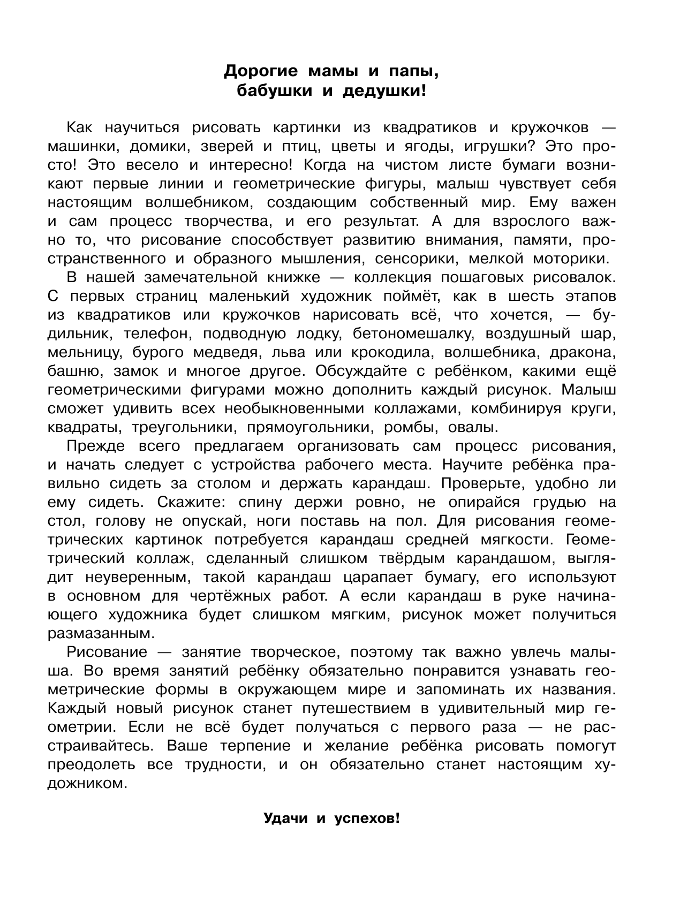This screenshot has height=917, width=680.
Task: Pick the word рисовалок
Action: click(x=572, y=277)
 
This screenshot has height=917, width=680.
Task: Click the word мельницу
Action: click(x=88, y=352)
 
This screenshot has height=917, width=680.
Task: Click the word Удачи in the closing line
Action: click(x=285, y=833)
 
